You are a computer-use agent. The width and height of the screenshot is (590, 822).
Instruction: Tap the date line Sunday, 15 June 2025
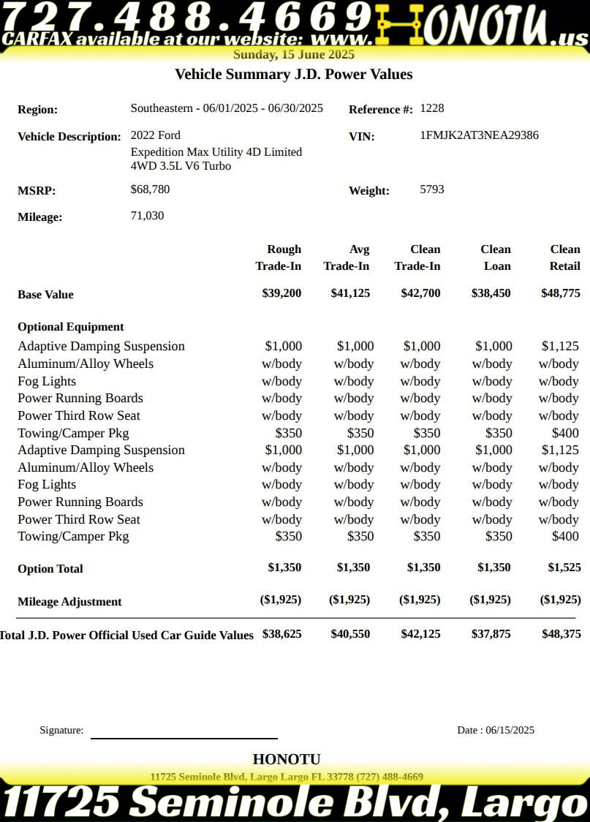pos(294,54)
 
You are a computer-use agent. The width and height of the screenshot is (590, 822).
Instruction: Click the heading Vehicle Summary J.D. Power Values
pos(294,74)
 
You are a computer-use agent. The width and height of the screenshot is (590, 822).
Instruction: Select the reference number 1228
pos(432,108)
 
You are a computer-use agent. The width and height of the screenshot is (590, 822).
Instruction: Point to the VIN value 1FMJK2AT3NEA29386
pos(480,135)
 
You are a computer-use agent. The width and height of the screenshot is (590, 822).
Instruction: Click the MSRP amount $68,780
pos(151,189)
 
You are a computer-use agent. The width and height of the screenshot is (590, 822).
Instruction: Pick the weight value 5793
pos(432,189)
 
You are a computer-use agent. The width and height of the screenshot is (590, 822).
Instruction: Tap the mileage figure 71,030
pos(147,216)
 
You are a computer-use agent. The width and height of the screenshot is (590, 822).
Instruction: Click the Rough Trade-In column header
pos(279,257)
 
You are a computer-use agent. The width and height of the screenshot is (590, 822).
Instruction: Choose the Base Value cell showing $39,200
pos(281,293)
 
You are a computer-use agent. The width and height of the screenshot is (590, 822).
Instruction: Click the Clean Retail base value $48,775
pos(561,293)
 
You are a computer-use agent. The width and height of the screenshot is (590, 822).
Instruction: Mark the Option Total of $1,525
pos(564,568)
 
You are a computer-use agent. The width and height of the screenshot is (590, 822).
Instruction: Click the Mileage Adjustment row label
pos(69,602)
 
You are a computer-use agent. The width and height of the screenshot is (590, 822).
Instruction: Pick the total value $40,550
pos(350,634)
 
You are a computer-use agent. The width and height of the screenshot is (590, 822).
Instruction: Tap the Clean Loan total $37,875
pos(490,634)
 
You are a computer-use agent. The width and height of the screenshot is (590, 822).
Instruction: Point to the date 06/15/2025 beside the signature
pos(510,730)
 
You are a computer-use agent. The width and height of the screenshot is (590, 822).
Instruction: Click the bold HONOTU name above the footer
pos(287,759)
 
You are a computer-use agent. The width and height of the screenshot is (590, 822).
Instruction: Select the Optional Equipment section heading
pos(71,327)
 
